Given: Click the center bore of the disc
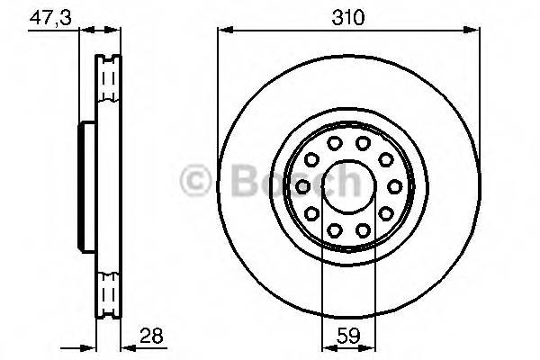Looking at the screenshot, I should tap(347, 186).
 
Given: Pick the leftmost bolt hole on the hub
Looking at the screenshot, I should tap(303, 186).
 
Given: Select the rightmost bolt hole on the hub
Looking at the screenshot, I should tap(392, 186).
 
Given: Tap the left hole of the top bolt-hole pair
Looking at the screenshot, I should tap(334, 143).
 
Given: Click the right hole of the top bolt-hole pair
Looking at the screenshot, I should tap(362, 143).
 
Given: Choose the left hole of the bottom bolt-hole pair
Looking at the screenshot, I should tap(334, 230).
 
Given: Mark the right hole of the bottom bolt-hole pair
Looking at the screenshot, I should tap(362, 230).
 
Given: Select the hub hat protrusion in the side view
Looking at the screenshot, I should tap(87, 186).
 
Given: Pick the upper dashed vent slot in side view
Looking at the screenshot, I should tap(109, 84).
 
